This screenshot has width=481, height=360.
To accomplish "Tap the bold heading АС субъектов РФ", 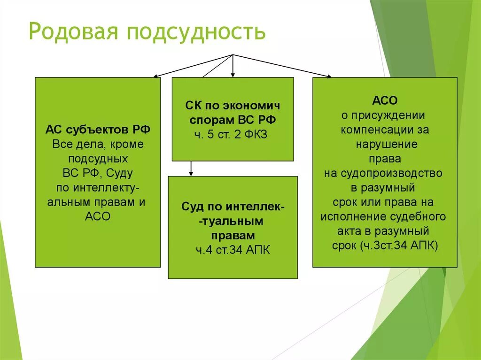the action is [x=98, y=130].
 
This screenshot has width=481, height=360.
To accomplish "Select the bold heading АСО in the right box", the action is [x=385, y=100].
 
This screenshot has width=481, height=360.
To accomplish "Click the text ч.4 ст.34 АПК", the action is [x=233, y=249].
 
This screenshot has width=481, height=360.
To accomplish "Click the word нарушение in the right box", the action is [x=384, y=144].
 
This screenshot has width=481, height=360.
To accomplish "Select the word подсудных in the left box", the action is [x=98, y=158].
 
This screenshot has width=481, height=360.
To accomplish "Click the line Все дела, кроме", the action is [x=98, y=144].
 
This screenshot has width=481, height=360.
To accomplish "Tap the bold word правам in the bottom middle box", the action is [x=233, y=235].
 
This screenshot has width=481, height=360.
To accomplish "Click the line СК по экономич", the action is [x=233, y=106].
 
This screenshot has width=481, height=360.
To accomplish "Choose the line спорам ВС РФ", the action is [x=233, y=120].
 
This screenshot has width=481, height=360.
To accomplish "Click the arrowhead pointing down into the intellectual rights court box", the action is [x=191, y=174].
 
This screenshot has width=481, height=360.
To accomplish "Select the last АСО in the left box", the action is [x=98, y=217].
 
